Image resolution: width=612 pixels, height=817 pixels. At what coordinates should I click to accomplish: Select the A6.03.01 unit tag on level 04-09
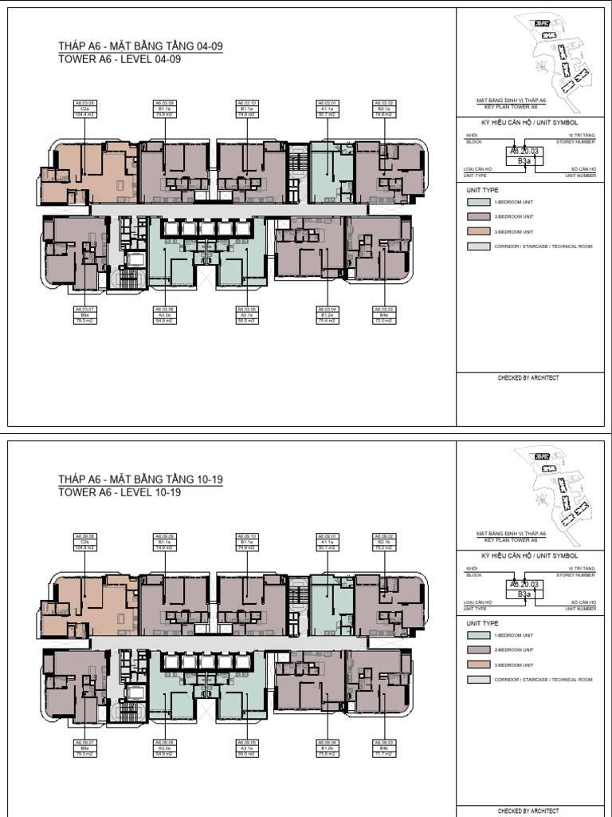pyautogui.click(x=327, y=109)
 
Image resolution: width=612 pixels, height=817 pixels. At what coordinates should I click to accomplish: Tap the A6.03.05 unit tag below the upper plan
pyautogui.click(x=247, y=314)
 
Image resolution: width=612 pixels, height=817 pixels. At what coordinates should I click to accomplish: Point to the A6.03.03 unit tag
pyautogui.click(x=384, y=314)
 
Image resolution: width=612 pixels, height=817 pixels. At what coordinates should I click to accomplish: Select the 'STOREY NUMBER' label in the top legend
pyautogui.click(x=575, y=140)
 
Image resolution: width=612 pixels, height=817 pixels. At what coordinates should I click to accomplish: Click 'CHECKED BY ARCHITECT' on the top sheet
pyautogui.click(x=528, y=377)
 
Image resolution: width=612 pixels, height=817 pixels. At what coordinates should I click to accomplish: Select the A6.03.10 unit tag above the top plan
pyautogui.click(x=247, y=109)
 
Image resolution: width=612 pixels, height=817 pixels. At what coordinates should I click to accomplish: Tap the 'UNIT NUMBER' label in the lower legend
pyautogui.click(x=580, y=608)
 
